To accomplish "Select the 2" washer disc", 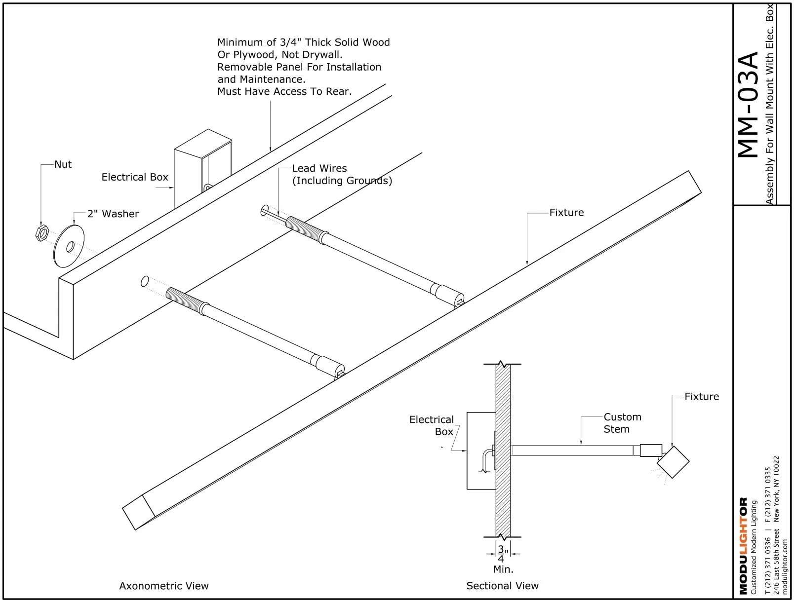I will tap(69, 246).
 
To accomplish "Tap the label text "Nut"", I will tap(63, 164).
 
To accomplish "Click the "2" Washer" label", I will tap(113, 214).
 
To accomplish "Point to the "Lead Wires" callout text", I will tap(319, 168).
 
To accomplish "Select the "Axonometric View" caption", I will tap(164, 586).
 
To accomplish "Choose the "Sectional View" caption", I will tap(502, 586).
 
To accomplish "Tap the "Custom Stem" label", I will tap(622, 423).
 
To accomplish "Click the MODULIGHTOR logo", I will tap(743, 546).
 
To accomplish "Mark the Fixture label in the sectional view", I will tap(701, 397).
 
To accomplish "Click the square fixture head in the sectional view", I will tap(673, 462).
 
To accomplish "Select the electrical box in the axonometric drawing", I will tap(202, 168).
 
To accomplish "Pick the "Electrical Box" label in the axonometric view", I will tap(135, 177).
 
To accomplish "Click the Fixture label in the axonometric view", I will tap(566, 213).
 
